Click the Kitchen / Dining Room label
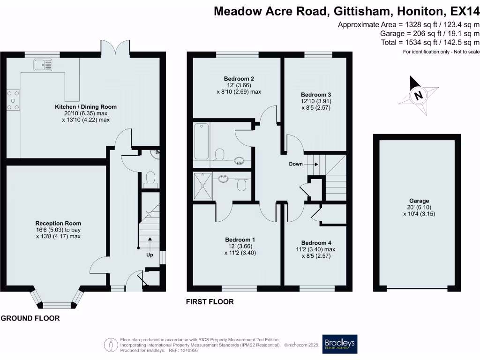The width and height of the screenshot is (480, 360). (85, 107)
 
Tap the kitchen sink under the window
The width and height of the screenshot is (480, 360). (43, 65)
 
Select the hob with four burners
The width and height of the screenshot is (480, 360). (14, 100)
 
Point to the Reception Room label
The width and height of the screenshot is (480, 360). (58, 223)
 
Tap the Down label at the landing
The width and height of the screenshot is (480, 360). (296, 164)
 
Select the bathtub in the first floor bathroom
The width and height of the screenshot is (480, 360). (201, 141)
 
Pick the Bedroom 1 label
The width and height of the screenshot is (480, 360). (240, 240)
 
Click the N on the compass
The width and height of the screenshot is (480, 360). (419, 96)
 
